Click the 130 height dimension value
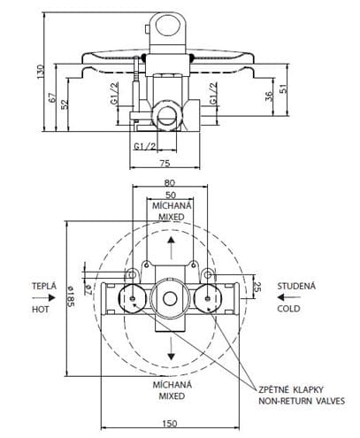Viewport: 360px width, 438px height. pos(40,72)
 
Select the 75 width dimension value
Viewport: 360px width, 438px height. pos(165,163)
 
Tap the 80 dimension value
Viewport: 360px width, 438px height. pos(170,183)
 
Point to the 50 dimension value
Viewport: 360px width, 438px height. pos(171,195)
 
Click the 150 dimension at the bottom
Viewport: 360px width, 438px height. pos(170,424)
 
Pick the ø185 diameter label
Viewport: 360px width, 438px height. pos(71,296)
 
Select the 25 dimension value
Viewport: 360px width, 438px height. pos(257,287)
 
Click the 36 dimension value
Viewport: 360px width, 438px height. pos(269,96)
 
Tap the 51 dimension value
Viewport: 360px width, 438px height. pos(283,88)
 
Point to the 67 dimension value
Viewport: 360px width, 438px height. pos(52,97)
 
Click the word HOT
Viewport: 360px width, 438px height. pos(41,310)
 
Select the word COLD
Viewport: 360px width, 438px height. pos(288,309)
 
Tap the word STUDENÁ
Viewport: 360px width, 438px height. pos(296,286)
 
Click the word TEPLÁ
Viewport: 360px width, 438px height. pos(44,286)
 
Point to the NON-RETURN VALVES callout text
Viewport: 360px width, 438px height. pos(302,401)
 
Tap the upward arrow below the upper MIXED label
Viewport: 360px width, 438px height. pos(171,248)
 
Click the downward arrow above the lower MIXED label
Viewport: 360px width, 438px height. pos(171,349)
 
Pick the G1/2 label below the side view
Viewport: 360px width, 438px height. pos(145,146)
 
